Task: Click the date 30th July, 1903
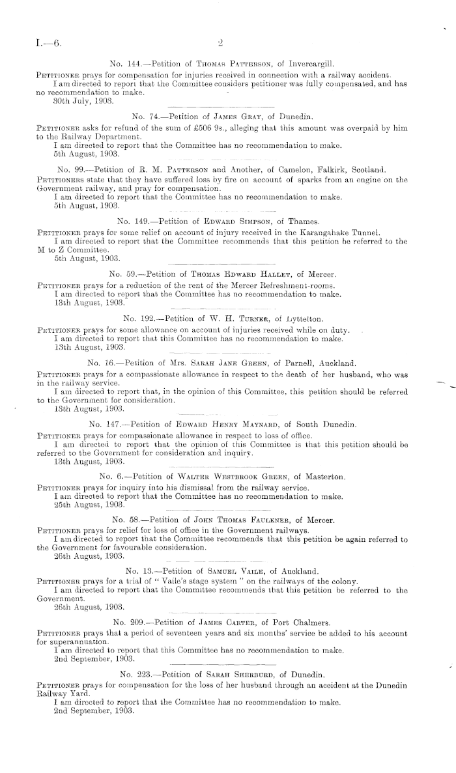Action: (x=81, y=102)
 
